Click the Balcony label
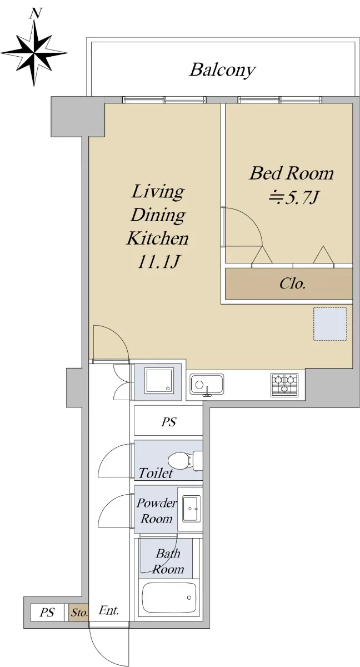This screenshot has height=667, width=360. pyautogui.click(x=223, y=70)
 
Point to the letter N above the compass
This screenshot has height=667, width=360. pyautogui.click(x=35, y=13)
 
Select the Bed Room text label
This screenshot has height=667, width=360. pyautogui.click(x=291, y=173)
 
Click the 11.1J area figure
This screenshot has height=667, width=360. pyautogui.click(x=158, y=262)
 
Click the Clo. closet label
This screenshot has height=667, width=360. pyautogui.click(x=292, y=283)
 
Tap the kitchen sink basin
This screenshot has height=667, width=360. pyautogui.click(x=207, y=384)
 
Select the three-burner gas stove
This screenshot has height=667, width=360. pyautogui.click(x=284, y=385)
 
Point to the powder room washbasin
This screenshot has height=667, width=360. pyautogui.click(x=191, y=509)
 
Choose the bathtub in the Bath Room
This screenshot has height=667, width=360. pyautogui.click(x=169, y=597)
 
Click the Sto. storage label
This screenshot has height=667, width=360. pyautogui.click(x=79, y=613)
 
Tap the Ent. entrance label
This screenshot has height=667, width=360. pyautogui.click(x=108, y=610)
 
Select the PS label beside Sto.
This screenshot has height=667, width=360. pyautogui.click(x=47, y=612)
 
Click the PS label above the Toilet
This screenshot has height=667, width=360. pyautogui.click(x=169, y=422)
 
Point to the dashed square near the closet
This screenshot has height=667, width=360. pyautogui.click(x=330, y=324)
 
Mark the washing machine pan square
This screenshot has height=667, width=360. pyautogui.click(x=159, y=381)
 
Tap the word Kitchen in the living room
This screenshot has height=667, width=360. pyautogui.click(x=158, y=238)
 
